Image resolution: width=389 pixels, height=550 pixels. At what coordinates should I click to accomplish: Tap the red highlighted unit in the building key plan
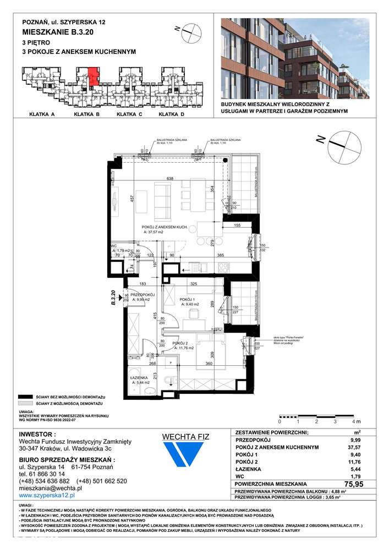point(93,75)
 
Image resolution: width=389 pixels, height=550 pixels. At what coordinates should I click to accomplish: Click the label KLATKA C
point(129,115)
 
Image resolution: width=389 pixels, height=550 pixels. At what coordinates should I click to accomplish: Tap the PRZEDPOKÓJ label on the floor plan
point(137,295)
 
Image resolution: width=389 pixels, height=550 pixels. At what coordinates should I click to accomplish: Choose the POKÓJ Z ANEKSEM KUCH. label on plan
point(165,227)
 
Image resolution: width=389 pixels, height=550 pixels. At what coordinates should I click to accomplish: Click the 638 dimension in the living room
point(170,179)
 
